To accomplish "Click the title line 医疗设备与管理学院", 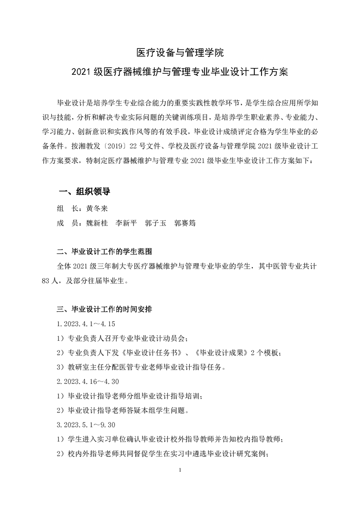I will click(x=180, y=53).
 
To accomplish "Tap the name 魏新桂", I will click(x=96, y=224).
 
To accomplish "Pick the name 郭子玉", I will click(x=156, y=224).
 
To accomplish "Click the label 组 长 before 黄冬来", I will click(x=65, y=208).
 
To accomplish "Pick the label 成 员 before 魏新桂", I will click(x=65, y=224).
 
